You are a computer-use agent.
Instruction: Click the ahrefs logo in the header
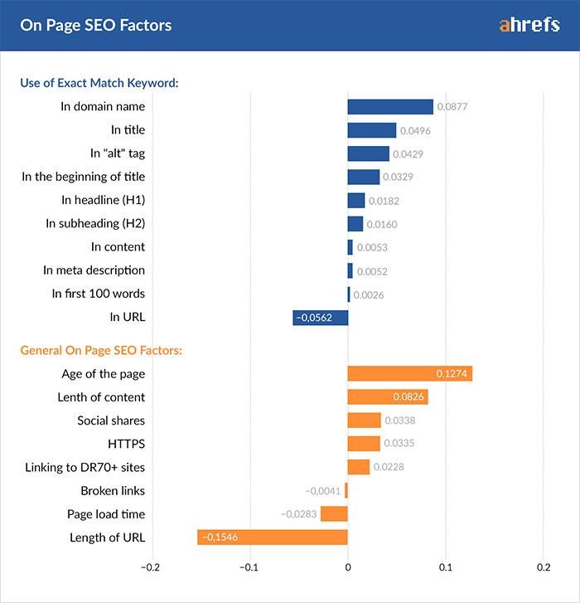click(530, 25)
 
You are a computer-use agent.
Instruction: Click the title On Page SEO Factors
click(96, 25)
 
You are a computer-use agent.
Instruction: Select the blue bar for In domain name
click(389, 106)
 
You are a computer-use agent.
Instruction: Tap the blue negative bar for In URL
click(320, 317)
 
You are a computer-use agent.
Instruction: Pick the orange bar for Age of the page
click(409, 374)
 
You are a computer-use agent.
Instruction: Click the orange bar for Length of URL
click(272, 537)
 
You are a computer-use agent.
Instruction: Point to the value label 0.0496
click(415, 131)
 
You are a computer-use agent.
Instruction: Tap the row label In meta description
click(94, 270)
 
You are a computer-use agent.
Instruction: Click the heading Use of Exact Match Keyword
click(99, 83)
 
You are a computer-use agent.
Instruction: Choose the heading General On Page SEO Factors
click(101, 350)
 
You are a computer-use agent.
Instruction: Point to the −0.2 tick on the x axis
click(150, 567)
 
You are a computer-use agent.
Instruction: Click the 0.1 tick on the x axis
click(446, 567)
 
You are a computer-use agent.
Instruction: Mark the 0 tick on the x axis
click(347, 567)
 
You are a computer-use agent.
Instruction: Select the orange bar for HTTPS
click(364, 444)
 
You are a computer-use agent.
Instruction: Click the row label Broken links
click(113, 491)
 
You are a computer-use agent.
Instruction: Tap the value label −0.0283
click(299, 514)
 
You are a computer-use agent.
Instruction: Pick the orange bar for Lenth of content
click(387, 397)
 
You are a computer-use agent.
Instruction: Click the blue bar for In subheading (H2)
click(355, 223)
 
